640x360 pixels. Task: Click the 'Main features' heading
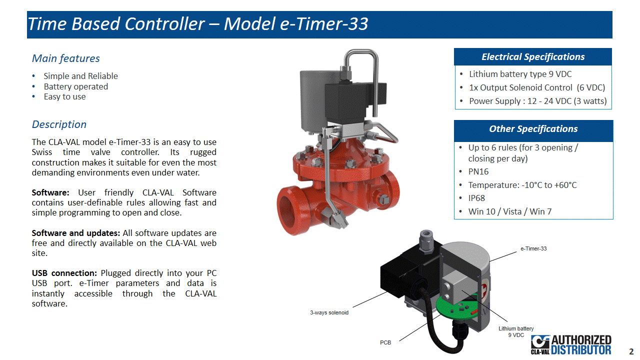tap(65, 58)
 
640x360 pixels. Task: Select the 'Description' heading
tap(59, 124)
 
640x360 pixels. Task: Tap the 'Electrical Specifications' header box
tap(533, 57)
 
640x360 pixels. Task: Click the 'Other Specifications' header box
tap(533, 129)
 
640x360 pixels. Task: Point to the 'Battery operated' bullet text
tap(75, 86)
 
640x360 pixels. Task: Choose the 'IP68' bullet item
tap(476, 198)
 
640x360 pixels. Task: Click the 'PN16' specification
tap(478, 171)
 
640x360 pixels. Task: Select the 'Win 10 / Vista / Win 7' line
tap(509, 211)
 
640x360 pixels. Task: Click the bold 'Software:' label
tap(50, 192)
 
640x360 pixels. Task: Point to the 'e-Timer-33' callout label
tap(533, 248)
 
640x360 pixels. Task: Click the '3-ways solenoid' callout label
tap(329, 312)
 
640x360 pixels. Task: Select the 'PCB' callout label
tap(385, 342)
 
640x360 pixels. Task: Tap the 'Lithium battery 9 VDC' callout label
tap(516, 331)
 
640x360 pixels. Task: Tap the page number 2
tap(631, 351)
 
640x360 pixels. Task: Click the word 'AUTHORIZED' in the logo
tap(581, 340)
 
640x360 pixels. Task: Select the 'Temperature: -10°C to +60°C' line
tap(522, 185)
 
